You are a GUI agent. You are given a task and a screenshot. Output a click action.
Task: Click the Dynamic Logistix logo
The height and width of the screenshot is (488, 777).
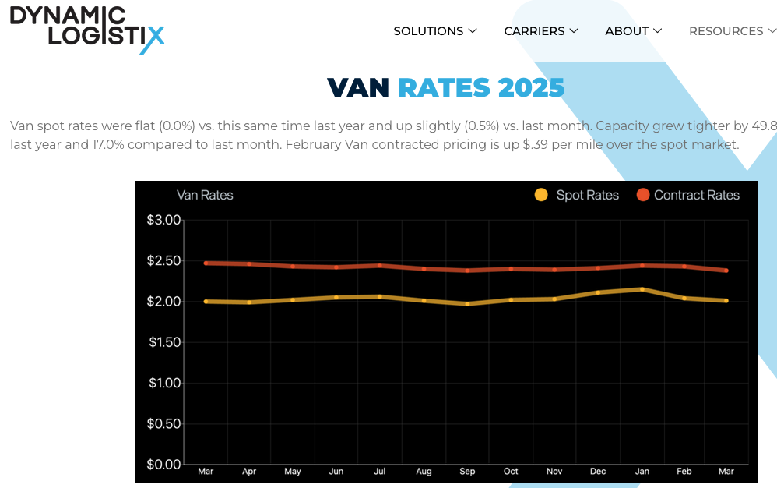[x=86, y=29]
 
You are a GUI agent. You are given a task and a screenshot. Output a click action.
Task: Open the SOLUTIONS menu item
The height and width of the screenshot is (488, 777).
[x=434, y=31]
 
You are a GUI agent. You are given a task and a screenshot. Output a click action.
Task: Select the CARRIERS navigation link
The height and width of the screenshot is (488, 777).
[x=540, y=31]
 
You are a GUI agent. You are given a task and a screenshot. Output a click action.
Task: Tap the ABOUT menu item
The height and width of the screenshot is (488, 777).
[x=633, y=31]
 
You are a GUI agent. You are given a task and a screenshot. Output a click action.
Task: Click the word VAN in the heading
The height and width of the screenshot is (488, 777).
[x=358, y=88]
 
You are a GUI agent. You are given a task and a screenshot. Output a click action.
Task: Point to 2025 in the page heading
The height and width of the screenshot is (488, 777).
[x=531, y=88]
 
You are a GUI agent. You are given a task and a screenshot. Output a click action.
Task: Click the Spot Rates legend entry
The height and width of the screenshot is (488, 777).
[x=577, y=195]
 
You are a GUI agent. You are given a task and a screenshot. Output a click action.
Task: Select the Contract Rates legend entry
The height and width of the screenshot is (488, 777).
[x=687, y=195]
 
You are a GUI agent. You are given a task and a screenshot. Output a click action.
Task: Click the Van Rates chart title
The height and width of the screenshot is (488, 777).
[x=205, y=195]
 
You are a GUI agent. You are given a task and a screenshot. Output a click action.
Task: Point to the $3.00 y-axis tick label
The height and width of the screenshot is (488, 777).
[x=163, y=220]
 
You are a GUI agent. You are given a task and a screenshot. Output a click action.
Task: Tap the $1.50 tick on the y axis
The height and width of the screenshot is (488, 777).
[x=163, y=342]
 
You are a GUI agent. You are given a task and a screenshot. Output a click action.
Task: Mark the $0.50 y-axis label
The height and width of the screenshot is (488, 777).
[x=163, y=424]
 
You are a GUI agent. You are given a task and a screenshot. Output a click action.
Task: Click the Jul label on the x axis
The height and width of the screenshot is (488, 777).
[x=380, y=472]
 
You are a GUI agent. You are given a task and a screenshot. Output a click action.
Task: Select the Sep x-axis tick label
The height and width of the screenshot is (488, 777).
[x=467, y=472]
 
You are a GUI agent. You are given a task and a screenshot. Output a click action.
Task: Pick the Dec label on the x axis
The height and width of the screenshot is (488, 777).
[x=598, y=472]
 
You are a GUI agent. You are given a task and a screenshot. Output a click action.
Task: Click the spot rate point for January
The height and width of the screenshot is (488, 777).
[x=642, y=289]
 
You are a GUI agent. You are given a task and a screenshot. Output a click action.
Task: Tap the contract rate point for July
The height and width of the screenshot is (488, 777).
[x=380, y=266]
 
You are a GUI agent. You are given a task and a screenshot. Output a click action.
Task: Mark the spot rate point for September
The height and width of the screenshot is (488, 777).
[x=467, y=304]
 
